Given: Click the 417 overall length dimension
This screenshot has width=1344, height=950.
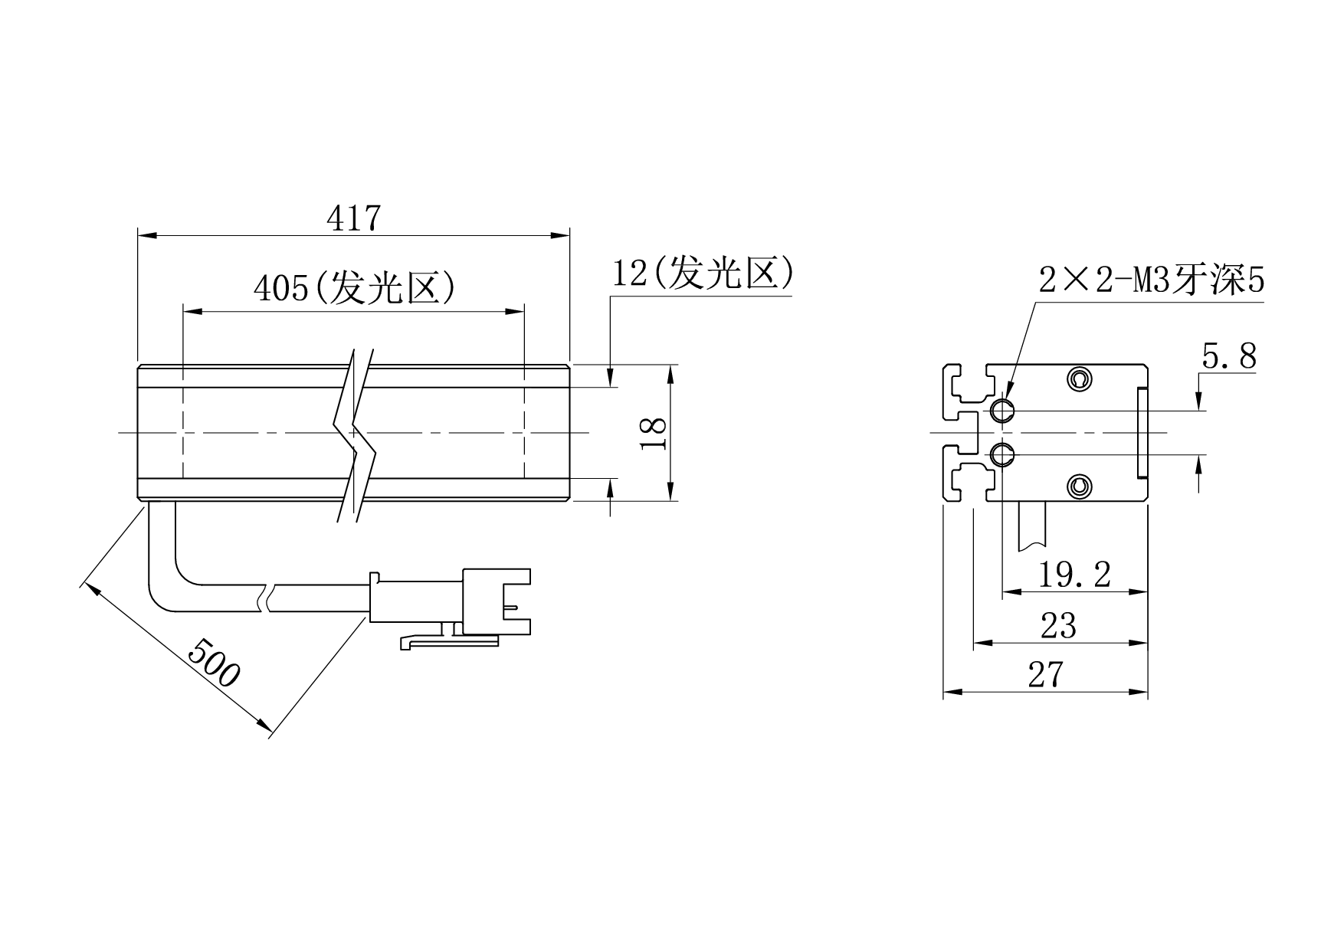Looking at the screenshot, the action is tap(353, 218).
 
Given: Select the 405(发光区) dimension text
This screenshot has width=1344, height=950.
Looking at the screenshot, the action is tap(356, 288).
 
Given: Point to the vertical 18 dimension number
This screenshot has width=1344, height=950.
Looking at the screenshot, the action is tap(653, 434).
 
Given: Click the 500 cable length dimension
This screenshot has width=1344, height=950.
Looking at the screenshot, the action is tap(215, 661).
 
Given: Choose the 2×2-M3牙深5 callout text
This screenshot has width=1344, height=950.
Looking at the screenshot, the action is tap(1151, 281).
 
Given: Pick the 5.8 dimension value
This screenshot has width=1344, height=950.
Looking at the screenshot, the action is tap(1229, 356).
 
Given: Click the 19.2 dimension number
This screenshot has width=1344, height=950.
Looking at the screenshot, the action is tap(1074, 574).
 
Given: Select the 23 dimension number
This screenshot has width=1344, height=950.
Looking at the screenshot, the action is tap(1058, 626).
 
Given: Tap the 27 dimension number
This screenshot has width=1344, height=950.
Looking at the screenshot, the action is tap(1046, 674).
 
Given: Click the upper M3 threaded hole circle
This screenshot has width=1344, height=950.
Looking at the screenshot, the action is tap(1002, 411).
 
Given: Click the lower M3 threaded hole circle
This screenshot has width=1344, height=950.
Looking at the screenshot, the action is tap(1002, 456).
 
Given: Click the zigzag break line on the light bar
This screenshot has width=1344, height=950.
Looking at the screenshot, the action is tap(355, 435).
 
